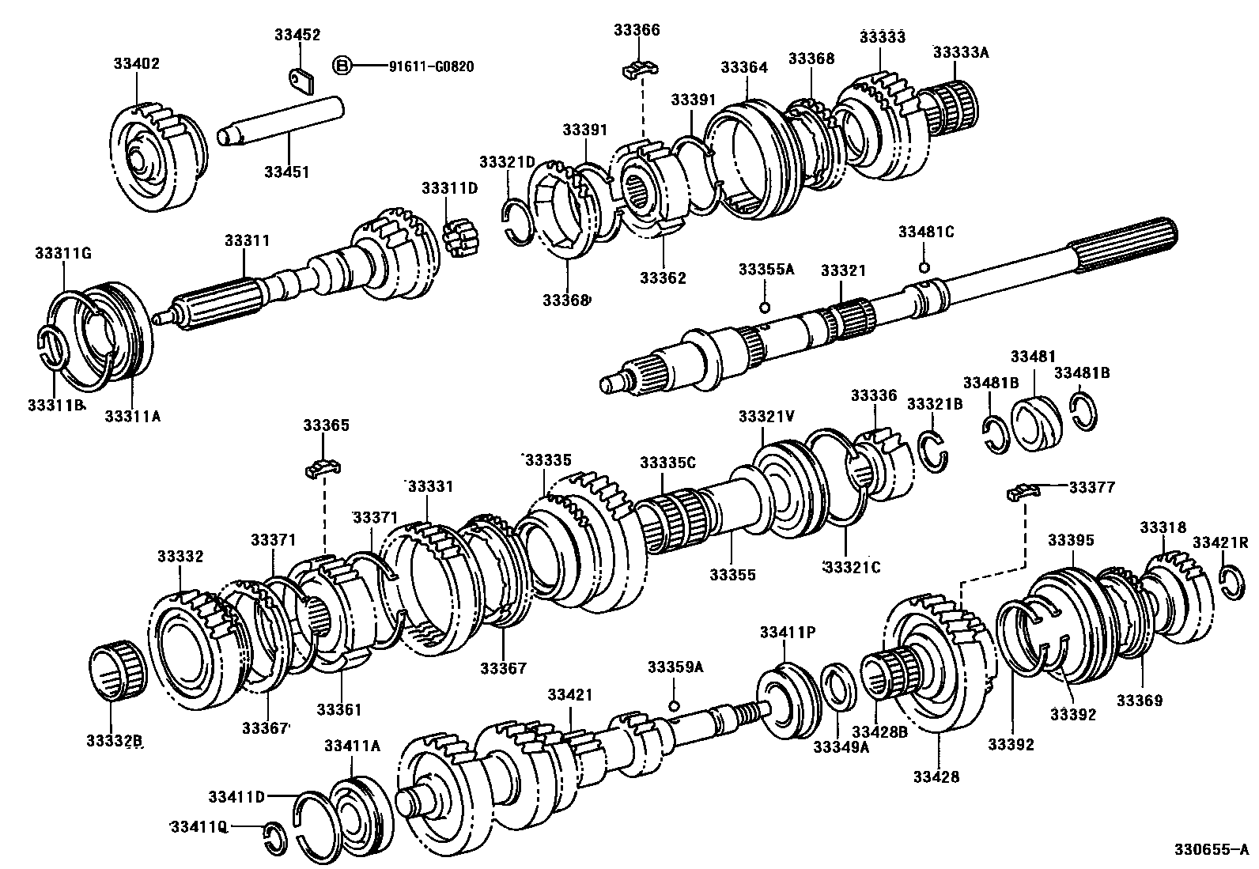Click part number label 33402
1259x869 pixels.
(x=135, y=63)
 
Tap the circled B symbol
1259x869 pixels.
(x=342, y=66)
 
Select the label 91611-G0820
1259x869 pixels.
(x=430, y=66)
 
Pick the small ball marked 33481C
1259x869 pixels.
(x=923, y=266)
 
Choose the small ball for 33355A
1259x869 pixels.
(x=764, y=307)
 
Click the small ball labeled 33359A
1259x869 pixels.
(x=674, y=705)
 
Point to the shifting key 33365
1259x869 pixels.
(x=323, y=468)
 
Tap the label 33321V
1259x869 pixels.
(x=766, y=417)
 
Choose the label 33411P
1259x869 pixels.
(x=787, y=632)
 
